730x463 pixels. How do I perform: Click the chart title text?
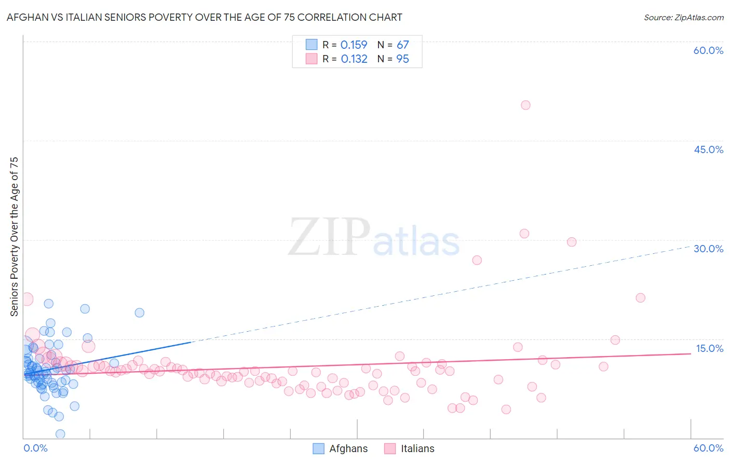tap(204, 17)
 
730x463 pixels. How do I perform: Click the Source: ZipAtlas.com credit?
tap(683, 17)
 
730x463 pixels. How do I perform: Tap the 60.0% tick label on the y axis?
tap(708, 50)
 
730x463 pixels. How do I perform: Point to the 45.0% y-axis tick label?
tap(708, 149)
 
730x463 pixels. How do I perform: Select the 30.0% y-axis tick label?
tap(708, 249)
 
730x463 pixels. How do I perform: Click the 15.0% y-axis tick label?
tap(709, 348)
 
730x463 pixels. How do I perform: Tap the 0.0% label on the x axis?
tap(35, 448)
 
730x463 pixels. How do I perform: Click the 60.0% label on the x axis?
tap(708, 448)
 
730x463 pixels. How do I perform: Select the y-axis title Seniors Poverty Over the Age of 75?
tap(14, 236)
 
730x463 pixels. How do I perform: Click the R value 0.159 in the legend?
tap(354, 45)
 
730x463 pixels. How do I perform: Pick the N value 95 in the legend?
tap(402, 59)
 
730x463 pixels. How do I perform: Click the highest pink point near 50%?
tap(525, 105)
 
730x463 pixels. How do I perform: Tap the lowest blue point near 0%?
tap(60, 434)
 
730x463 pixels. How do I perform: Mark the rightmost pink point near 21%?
tap(640, 297)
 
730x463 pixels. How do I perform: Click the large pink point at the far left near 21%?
tap(26, 299)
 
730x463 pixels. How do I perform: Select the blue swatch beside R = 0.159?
tap(311, 45)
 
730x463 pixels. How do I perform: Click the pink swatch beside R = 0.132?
tap(311, 59)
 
